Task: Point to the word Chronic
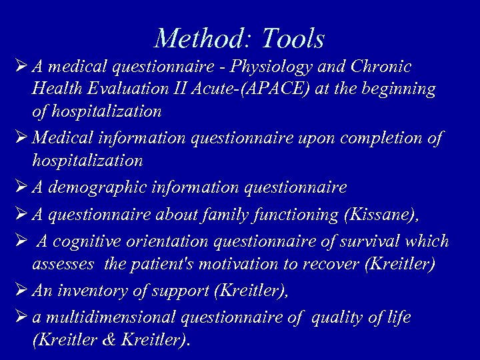tap(383, 67)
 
